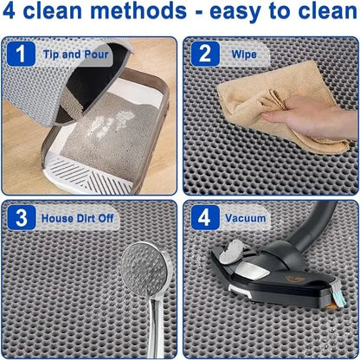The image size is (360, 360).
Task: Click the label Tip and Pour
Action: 74,54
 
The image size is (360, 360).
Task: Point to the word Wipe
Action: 243,54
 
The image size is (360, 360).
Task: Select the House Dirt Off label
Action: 79,219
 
